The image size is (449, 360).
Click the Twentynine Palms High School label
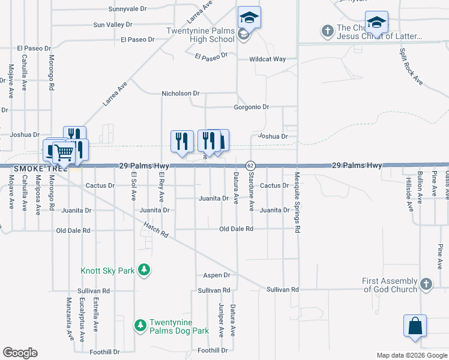[202, 34]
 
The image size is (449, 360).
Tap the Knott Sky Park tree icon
[143, 270]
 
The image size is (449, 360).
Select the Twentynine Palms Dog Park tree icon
[140, 325]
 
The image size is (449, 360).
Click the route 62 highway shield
[250, 165]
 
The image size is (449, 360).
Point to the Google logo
[20, 352]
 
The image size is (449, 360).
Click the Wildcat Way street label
[268, 59]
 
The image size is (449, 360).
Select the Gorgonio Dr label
[251, 107]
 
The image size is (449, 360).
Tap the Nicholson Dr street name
[180, 94]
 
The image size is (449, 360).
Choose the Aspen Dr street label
[218, 275]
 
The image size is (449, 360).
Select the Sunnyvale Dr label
[127, 9]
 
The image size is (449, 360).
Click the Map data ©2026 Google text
[411, 355]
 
